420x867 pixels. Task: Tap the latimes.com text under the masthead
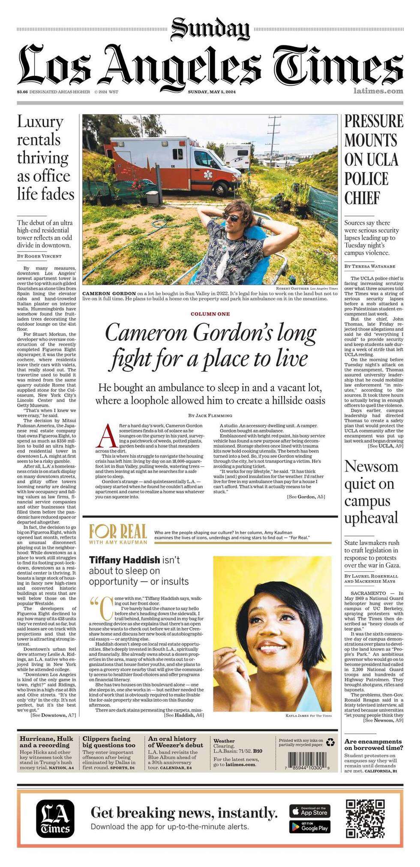pos(378,91)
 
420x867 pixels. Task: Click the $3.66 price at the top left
pos(22,92)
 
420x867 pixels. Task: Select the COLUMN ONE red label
pos(210,314)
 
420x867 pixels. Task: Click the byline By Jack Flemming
pos(210,415)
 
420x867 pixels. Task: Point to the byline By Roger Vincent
pos(39,256)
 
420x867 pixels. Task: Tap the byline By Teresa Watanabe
pos(370,266)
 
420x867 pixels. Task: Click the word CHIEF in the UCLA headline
pos(363,198)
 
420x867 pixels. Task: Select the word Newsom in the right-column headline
pos(371,466)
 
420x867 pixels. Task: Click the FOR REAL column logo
pos(118,534)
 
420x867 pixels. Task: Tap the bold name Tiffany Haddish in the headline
pos(124,560)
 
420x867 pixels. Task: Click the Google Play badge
pos(309,826)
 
